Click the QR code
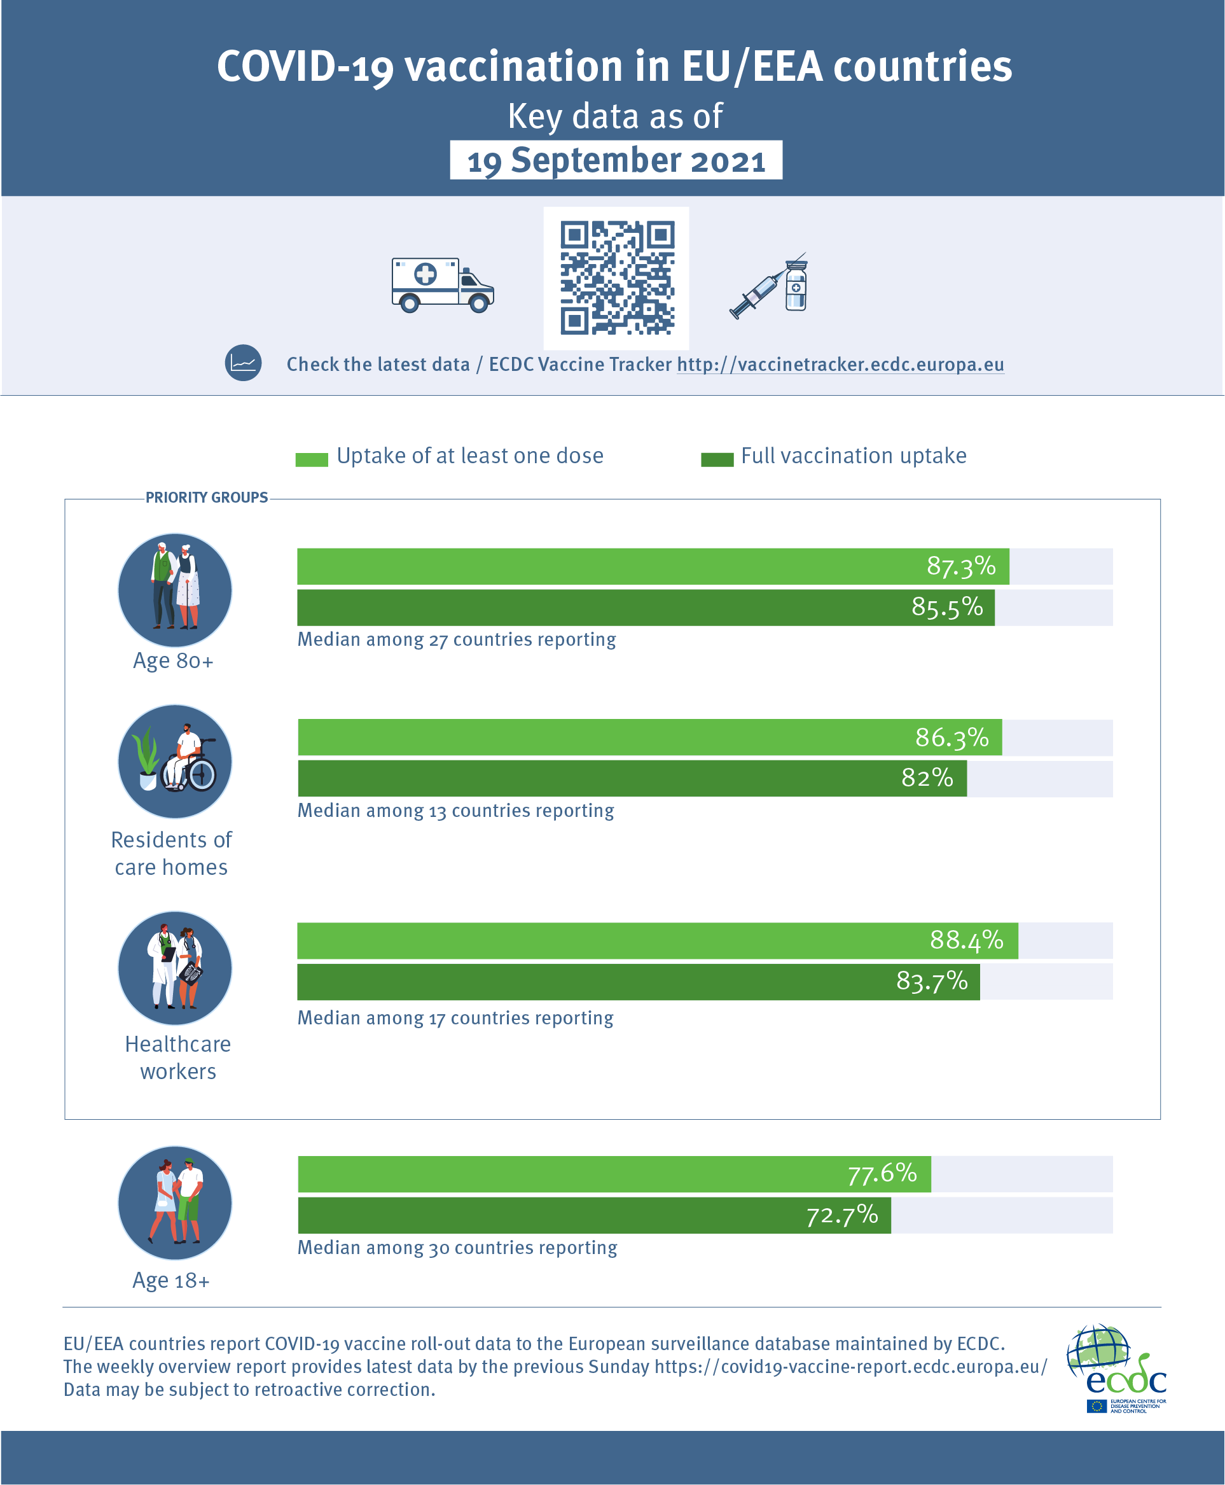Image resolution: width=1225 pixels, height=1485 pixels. (616, 278)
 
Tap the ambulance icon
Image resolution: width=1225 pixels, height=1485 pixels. (443, 285)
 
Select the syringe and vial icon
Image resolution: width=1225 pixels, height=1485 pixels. (771, 286)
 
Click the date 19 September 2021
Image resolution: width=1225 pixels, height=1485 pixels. (616, 160)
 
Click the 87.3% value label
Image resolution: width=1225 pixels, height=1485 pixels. (960, 566)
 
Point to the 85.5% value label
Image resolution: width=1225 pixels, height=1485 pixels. (946, 607)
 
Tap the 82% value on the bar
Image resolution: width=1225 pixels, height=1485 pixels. (927, 777)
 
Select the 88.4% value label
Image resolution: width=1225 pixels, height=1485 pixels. (966, 940)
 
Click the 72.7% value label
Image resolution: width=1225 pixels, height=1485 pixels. (842, 1215)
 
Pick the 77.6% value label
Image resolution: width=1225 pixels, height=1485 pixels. (882, 1174)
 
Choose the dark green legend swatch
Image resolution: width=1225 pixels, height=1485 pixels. (717, 460)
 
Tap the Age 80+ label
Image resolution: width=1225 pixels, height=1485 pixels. (173, 661)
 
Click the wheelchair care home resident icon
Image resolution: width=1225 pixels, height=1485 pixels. (175, 762)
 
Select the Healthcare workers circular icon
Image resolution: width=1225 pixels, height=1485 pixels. (175, 968)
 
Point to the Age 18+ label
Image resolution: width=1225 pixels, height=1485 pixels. (172, 1280)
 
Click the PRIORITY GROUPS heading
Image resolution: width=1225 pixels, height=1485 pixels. (207, 498)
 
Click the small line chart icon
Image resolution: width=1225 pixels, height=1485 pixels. (244, 363)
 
